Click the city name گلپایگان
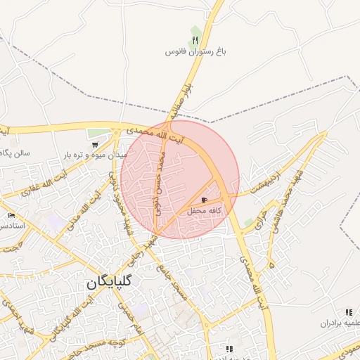point(112,283)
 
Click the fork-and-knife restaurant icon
point(195,39)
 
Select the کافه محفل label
point(205,211)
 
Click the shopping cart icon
point(95,144)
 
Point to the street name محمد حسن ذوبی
point(159,185)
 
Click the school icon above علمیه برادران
point(348,312)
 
